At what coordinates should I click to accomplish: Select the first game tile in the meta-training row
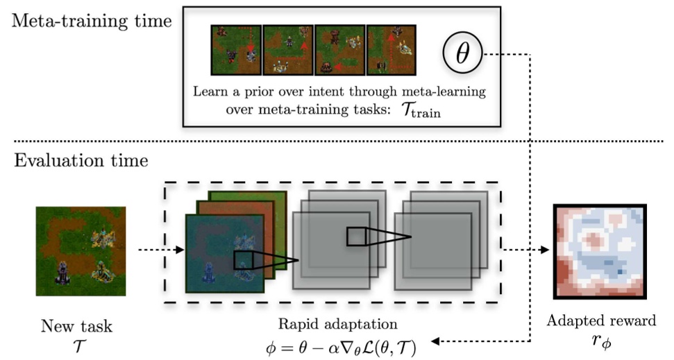pos(236,50)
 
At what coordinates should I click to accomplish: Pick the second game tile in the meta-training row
pos(287,50)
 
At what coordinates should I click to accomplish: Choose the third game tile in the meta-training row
pos(339,50)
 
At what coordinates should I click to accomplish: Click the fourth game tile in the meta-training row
pos(391,50)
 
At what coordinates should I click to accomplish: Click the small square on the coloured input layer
pos(244,260)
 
